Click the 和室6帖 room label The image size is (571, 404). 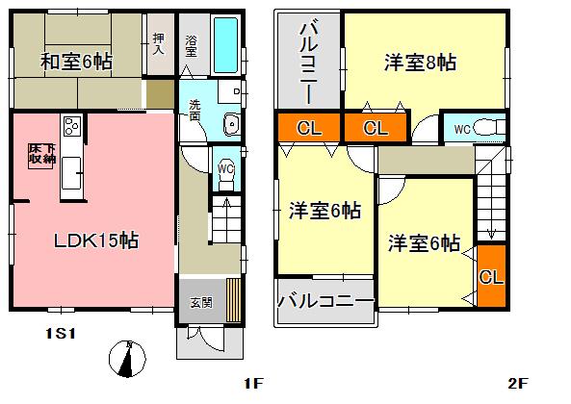(76, 63)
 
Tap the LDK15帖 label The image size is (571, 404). (95, 240)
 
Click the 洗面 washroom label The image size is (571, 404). (195, 109)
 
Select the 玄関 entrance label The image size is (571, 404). (200, 303)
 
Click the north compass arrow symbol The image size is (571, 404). (126, 360)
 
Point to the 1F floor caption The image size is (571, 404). (252, 384)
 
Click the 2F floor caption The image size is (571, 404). (518, 384)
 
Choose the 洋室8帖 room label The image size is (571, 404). (420, 63)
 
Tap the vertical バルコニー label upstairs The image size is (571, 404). (308, 63)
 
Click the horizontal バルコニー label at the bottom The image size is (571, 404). (326, 301)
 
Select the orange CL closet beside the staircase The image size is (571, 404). (490, 278)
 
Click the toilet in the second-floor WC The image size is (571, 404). (488, 126)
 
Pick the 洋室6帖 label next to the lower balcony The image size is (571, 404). (325, 210)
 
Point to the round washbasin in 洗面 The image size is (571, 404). (231, 121)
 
